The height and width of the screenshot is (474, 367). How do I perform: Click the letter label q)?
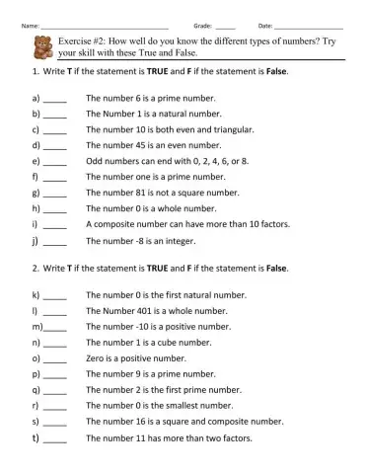36,390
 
